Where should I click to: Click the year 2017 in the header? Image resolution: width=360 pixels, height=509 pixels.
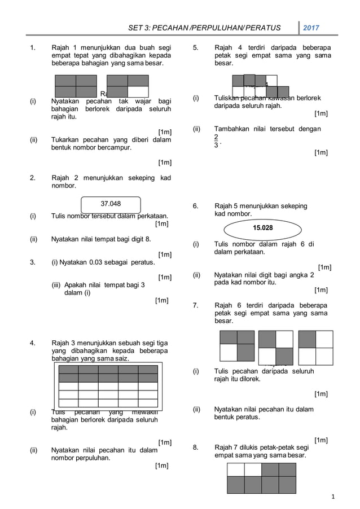(x=311, y=28)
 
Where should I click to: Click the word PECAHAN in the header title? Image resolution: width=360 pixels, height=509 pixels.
(x=179, y=28)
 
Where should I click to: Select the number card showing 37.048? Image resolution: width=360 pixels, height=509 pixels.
(x=111, y=204)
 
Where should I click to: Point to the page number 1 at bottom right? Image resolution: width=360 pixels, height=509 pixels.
(x=333, y=497)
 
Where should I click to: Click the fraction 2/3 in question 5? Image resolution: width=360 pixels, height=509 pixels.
(x=216, y=141)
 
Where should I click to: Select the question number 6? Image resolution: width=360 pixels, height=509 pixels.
(x=195, y=207)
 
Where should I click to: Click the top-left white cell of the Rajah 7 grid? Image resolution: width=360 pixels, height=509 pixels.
(x=235, y=469)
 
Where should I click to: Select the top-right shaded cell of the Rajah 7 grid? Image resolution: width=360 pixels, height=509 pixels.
(x=287, y=469)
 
